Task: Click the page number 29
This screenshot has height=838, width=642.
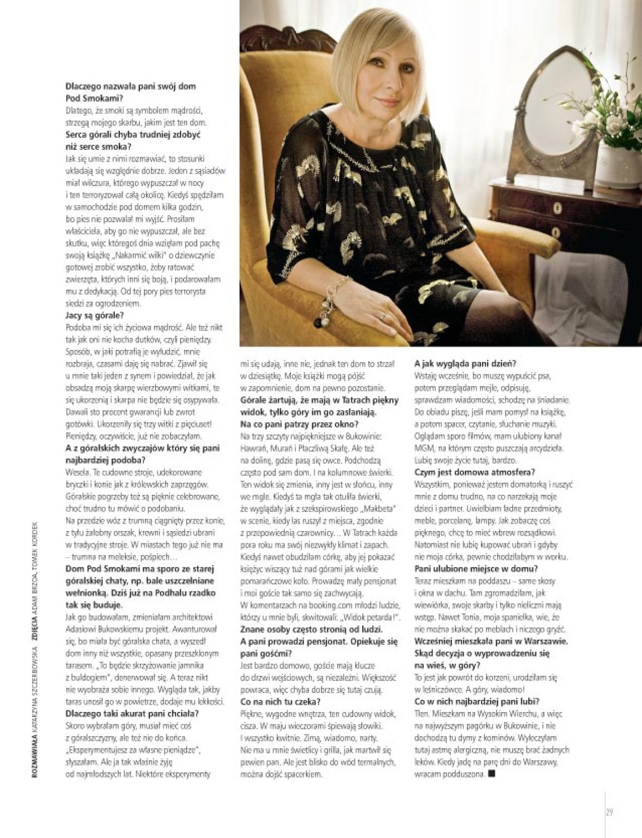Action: (x=609, y=811)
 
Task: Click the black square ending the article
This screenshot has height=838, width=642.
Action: (x=490, y=774)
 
